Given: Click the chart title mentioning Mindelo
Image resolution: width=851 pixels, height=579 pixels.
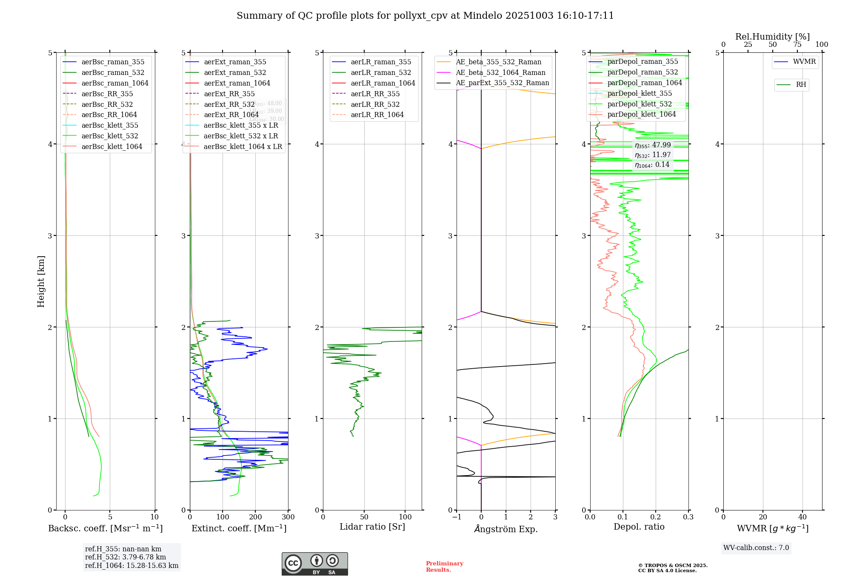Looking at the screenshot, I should pyautogui.click(x=425, y=16).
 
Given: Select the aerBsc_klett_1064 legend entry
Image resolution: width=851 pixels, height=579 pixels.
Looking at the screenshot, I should pyautogui.click(x=111, y=146).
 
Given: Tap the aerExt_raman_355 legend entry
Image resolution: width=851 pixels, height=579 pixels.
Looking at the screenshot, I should pyautogui.click(x=235, y=62).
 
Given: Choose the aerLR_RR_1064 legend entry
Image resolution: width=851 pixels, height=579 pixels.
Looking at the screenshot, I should pyautogui.click(x=377, y=115).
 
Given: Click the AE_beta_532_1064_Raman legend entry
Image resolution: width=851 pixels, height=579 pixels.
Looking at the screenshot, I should pyautogui.click(x=500, y=73).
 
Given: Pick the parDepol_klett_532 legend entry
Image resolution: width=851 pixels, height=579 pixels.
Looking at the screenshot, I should pyautogui.click(x=640, y=104).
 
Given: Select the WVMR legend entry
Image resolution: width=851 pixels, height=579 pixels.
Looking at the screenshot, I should pyautogui.click(x=804, y=62).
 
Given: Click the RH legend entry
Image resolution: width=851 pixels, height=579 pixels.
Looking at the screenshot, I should pyautogui.click(x=801, y=85).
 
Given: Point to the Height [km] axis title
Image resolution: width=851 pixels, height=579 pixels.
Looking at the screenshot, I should pyautogui.click(x=41, y=281).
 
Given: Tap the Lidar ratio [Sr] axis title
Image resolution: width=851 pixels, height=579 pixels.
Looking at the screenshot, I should pyautogui.click(x=372, y=527).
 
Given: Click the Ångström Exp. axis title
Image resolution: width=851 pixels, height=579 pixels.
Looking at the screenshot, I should pyautogui.click(x=506, y=529).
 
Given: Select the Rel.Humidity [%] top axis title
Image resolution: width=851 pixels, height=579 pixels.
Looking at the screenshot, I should pyautogui.click(x=772, y=37).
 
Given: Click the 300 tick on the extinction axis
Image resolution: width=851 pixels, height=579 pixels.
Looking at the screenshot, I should pyautogui.click(x=288, y=517).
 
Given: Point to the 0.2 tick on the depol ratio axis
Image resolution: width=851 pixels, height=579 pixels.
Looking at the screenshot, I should pyautogui.click(x=656, y=517).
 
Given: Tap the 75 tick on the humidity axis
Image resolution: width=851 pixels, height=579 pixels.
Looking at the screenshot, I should pyautogui.click(x=797, y=45).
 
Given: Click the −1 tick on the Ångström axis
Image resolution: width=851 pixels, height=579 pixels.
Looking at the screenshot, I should pyautogui.click(x=456, y=517).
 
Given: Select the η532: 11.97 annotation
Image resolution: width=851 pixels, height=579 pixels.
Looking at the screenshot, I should pyautogui.click(x=653, y=155).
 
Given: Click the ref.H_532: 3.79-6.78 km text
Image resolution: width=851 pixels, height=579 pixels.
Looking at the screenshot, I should pyautogui.click(x=126, y=557).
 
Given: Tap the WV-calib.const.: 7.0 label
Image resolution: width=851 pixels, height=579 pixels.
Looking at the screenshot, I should pyautogui.click(x=756, y=548).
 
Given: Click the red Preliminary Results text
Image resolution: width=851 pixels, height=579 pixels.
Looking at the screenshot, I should pyautogui.click(x=444, y=567).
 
